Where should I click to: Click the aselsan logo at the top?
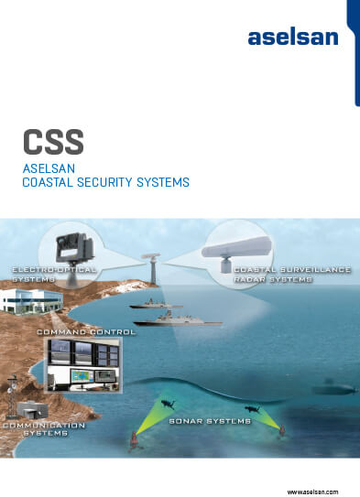[292, 38]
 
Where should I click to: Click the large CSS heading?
[53, 143]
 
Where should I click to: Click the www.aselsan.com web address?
[313, 491]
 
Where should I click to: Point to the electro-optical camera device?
[71, 244]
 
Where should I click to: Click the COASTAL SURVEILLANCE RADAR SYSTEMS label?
[273, 275]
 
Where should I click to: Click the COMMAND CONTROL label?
[86, 331]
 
